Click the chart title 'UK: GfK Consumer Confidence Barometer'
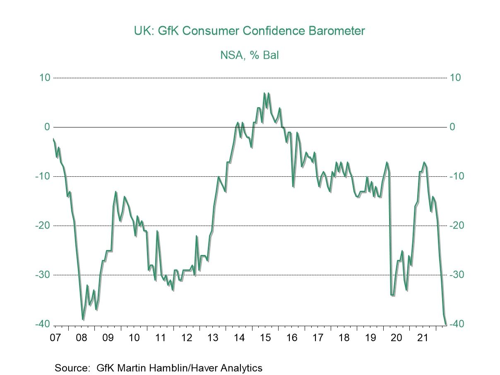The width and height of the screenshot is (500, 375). pos(249,31)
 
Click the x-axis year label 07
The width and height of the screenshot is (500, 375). pos(55,338)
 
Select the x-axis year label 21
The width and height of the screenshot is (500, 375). pos(422,338)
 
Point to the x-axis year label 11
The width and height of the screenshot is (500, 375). pos(160,338)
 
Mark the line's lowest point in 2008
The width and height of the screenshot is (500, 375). pos(83,319)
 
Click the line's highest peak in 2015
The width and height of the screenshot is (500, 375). pos(264,93)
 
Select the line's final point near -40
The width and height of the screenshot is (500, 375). pos(445,324)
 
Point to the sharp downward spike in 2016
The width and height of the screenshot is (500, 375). pos(293,186)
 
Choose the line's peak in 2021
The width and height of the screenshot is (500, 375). pos(424,162)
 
